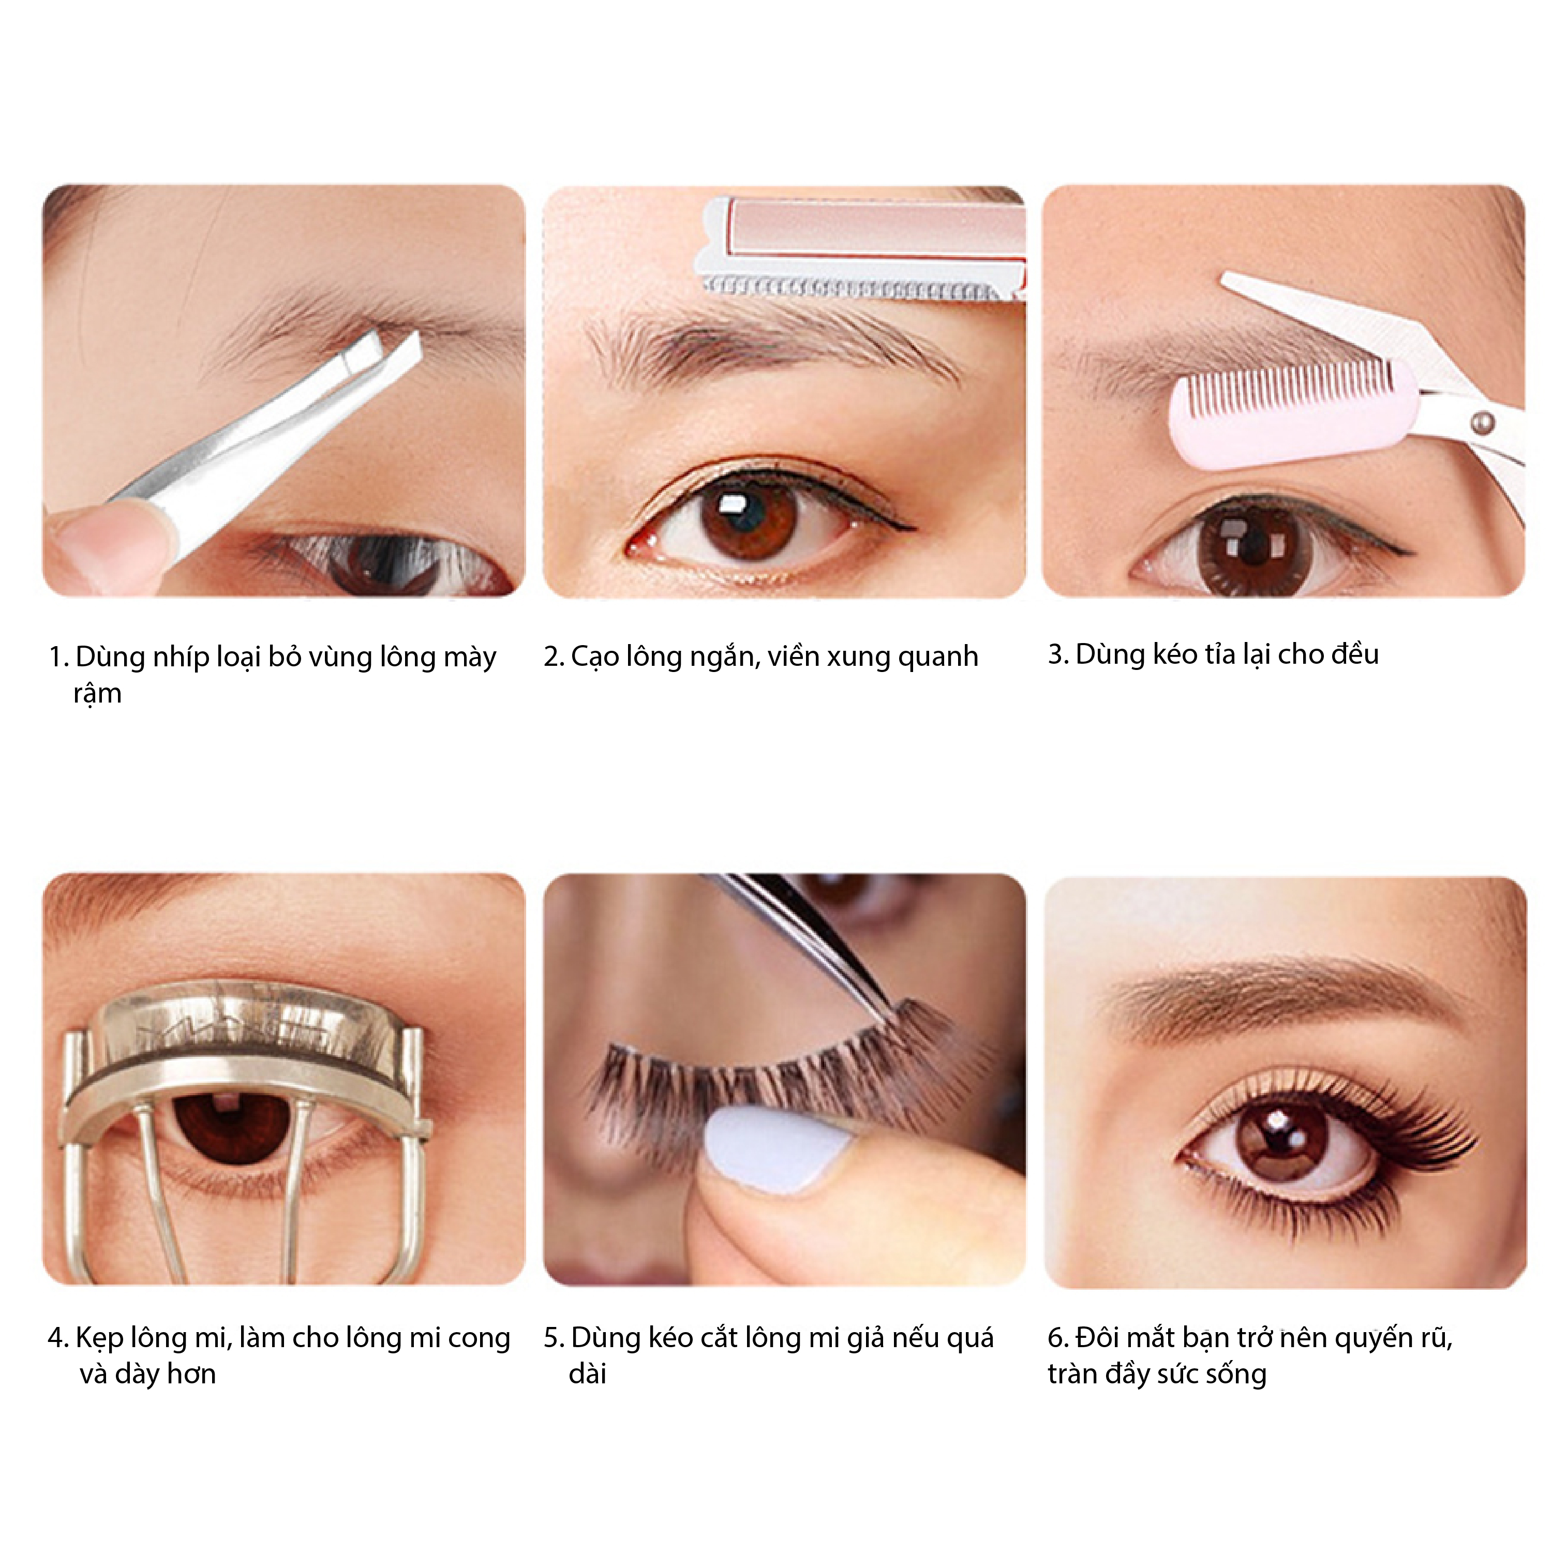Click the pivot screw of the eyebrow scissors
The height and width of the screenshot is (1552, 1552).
click(x=1483, y=421)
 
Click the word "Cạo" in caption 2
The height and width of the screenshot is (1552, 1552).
click(x=594, y=657)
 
